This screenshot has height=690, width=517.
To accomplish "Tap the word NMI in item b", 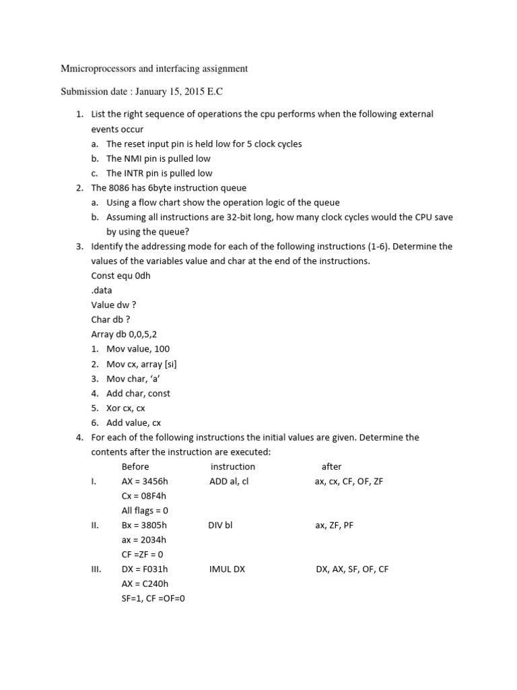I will tap(135, 158).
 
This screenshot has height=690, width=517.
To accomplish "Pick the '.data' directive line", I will tap(102, 290).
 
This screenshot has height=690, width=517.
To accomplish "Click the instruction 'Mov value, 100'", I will tap(138, 349).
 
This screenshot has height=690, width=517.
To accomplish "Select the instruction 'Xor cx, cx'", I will tap(125, 408).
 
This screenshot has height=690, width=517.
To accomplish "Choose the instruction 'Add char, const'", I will tap(138, 393).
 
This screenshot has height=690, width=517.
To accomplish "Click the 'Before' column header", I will tap(135, 466).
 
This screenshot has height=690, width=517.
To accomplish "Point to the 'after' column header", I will tap(331, 466).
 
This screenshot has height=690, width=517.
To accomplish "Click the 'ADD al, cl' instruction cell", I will tap(229, 481).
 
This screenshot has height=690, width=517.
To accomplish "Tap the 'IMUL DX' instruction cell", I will tap(228, 569).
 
